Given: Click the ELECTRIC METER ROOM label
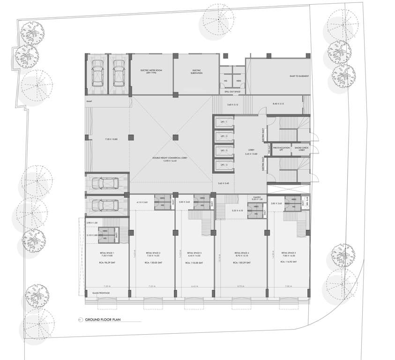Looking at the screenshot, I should click(x=151, y=72).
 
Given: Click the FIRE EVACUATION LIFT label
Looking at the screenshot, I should click(x=281, y=149).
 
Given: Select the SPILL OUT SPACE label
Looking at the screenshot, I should click(x=232, y=92).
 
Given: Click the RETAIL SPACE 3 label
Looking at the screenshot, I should click(x=194, y=253).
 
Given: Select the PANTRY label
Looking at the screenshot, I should click(x=256, y=197).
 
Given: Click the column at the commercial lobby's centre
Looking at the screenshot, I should click(x=175, y=137).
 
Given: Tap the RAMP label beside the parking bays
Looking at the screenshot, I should click(x=89, y=101).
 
